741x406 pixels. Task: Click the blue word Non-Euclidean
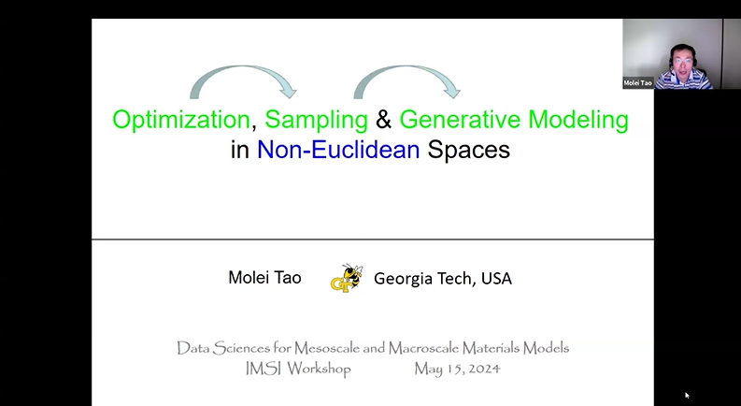tap(338, 149)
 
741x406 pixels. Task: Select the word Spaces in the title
tap(468, 149)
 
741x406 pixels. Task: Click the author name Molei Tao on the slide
tap(265, 278)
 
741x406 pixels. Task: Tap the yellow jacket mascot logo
tap(346, 278)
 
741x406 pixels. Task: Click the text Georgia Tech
tap(423, 278)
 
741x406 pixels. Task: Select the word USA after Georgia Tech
tap(496, 278)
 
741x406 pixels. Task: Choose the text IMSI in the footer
tap(253, 369)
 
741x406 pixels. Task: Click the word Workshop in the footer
tap(319, 369)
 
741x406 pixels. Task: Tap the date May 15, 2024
tap(457, 369)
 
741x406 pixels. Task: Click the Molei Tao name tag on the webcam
tap(638, 83)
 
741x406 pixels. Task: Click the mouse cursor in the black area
tap(687, 395)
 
